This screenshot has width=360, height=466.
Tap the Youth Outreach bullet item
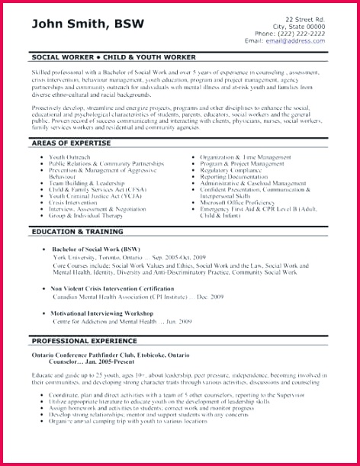(x=71, y=157)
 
